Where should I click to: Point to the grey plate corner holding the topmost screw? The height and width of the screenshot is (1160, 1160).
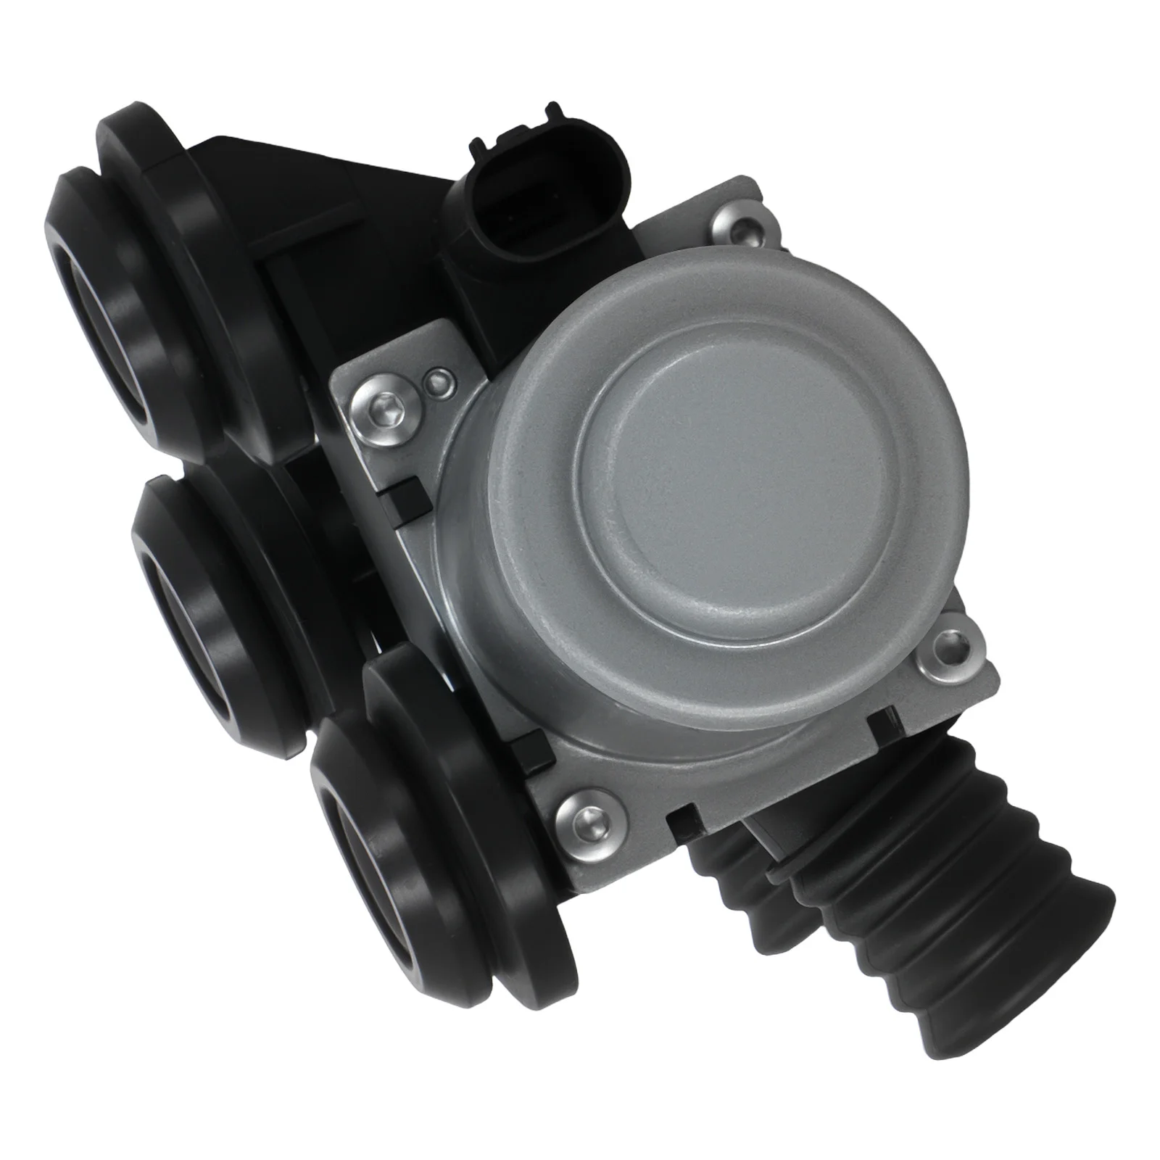click(x=754, y=210)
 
